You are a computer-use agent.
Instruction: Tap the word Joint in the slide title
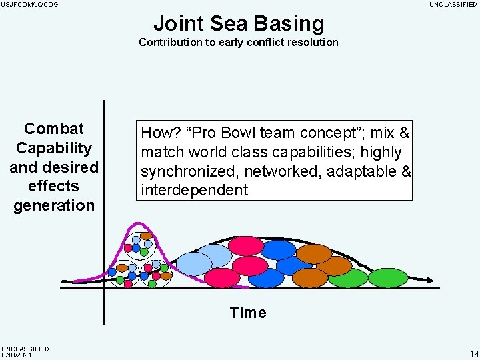pyautogui.click(x=178, y=23)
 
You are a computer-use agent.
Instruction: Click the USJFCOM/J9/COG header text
pyautogui.click(x=30, y=5)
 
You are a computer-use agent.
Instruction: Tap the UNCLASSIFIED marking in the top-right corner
pyautogui.click(x=453, y=5)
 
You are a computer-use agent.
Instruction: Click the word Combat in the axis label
pyautogui.click(x=54, y=129)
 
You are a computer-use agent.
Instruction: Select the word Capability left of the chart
pyautogui.click(x=54, y=148)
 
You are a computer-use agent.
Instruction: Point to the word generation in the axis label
pyautogui.click(x=54, y=205)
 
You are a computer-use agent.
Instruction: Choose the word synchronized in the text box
pyautogui.click(x=190, y=171)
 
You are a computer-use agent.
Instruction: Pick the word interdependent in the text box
pyautogui.click(x=194, y=190)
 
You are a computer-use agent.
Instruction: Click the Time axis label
pyautogui.click(x=247, y=313)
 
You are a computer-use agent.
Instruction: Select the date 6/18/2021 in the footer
pyautogui.click(x=17, y=355)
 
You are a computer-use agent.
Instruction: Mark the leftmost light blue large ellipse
pyautogui.click(x=193, y=264)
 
